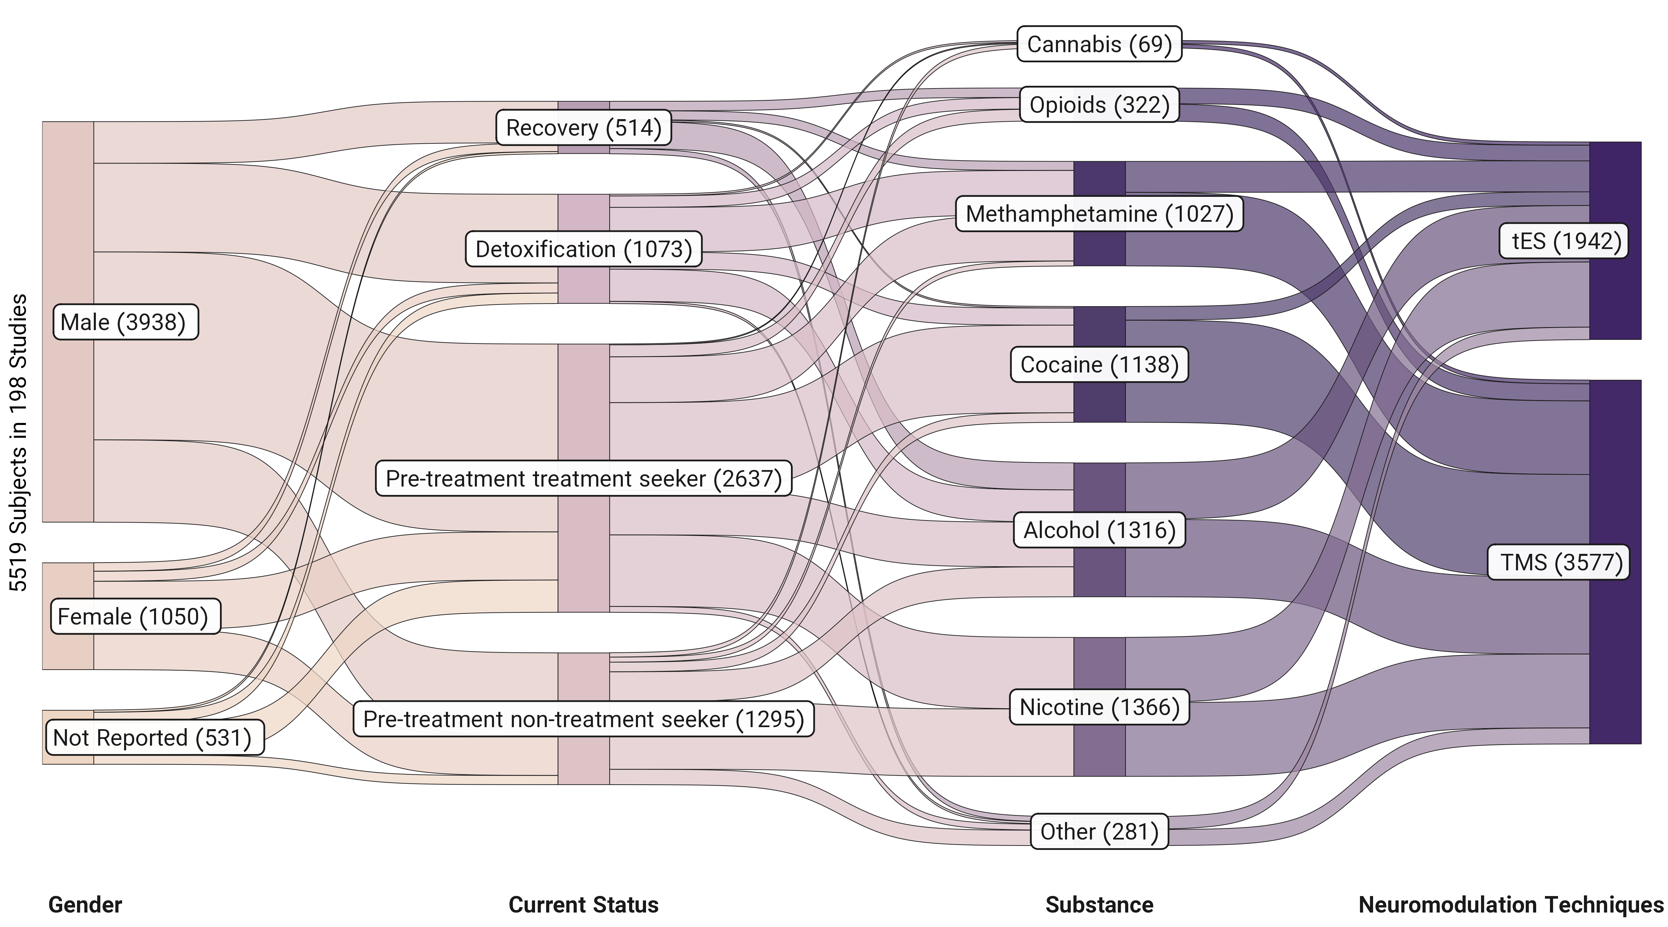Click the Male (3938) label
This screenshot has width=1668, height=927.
click(125, 322)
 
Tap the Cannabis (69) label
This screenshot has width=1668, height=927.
click(1099, 44)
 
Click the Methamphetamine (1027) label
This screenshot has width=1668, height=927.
click(1099, 214)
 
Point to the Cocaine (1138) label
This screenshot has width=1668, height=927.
click(1099, 365)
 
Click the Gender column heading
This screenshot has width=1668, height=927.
click(85, 905)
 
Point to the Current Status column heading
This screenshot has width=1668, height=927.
click(583, 905)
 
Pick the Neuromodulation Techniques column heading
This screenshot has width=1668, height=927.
click(1511, 905)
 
